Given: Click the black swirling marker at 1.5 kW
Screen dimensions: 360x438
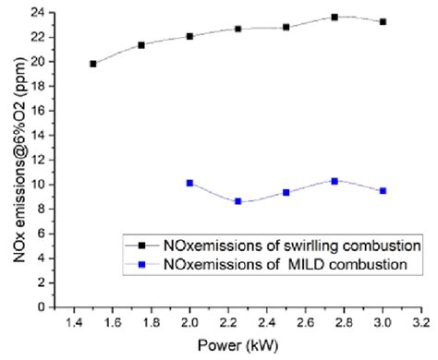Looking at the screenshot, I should click(93, 64).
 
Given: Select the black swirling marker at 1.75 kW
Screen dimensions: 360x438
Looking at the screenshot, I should click(141, 44).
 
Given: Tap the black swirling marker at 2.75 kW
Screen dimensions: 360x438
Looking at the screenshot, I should click(335, 18).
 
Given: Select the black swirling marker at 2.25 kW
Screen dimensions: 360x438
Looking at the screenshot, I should click(237, 29).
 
